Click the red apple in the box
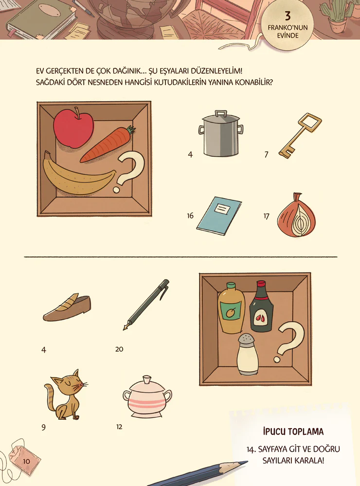click(x=73, y=128)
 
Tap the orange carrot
click(x=107, y=145)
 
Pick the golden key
click(x=299, y=136)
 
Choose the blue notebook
click(x=219, y=216)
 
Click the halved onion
click(x=296, y=215)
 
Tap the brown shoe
click(x=67, y=308)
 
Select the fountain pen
click(x=146, y=305)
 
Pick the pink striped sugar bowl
click(x=147, y=396)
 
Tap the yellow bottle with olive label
click(x=231, y=308)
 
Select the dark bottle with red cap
click(x=261, y=306)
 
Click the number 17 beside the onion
click(x=267, y=216)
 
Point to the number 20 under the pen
click(x=119, y=349)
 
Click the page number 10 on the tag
click(x=26, y=461)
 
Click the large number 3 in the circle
click(x=288, y=16)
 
